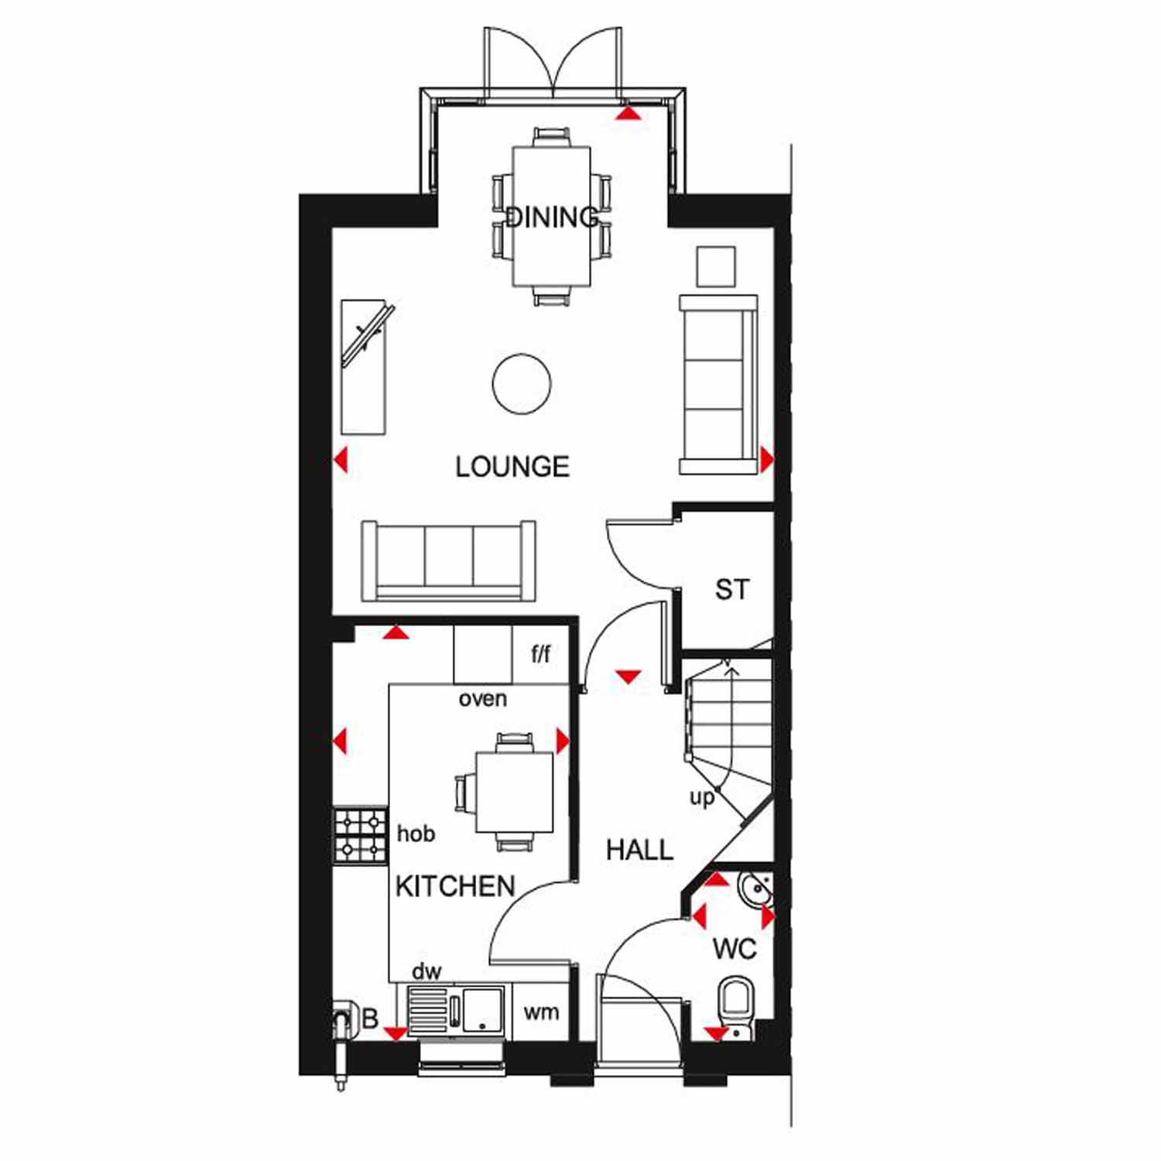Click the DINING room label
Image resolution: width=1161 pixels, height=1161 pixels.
[x=552, y=217]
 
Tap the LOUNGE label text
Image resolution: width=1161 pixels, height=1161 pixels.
[x=512, y=467]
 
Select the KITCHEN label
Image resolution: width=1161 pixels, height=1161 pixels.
[x=455, y=886]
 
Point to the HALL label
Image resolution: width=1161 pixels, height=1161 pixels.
[x=639, y=850]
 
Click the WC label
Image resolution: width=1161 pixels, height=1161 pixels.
[x=734, y=949]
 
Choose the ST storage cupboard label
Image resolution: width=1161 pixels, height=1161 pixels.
[x=731, y=590]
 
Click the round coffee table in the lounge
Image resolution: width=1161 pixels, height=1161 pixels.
[x=522, y=383]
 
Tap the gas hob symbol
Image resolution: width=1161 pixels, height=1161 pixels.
[x=361, y=836]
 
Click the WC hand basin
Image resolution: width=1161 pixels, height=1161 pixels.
[x=754, y=890]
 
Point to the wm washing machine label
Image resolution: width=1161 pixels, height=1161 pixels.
[x=541, y=1012]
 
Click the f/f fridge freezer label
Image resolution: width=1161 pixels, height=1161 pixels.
[x=541, y=654]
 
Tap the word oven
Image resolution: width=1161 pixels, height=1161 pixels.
[x=483, y=699]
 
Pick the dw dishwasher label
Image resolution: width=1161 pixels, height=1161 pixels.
[x=426, y=971]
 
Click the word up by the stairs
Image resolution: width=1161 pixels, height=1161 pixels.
[x=701, y=798]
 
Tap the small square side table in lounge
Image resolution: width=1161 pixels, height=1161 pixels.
[x=716, y=267]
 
